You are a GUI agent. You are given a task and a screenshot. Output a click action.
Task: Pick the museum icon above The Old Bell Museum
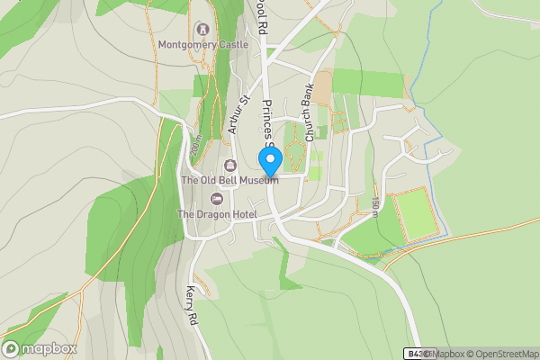(x=229, y=166)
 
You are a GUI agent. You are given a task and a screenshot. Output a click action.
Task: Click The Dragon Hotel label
(x=217, y=214)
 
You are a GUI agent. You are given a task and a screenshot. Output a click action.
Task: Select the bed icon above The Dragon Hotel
(x=216, y=199)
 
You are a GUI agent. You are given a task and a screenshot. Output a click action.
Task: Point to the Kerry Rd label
(x=191, y=307)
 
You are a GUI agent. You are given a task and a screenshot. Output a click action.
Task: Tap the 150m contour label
(x=375, y=207)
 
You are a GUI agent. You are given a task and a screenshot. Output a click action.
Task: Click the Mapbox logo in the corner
(x=40, y=348)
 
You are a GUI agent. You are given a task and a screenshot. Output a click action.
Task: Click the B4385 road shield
(x=415, y=353)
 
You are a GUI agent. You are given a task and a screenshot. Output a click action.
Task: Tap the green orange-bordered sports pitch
(x=415, y=215)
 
